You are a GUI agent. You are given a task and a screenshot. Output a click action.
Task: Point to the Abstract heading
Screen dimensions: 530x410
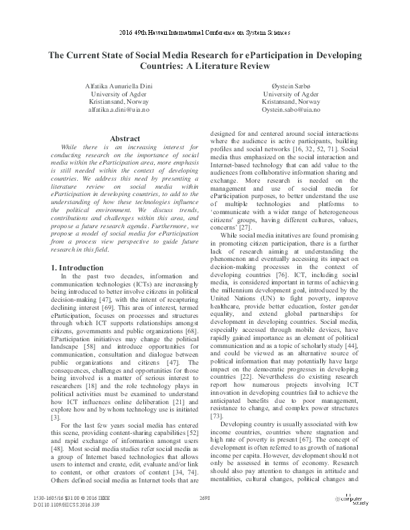pos(125,139)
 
